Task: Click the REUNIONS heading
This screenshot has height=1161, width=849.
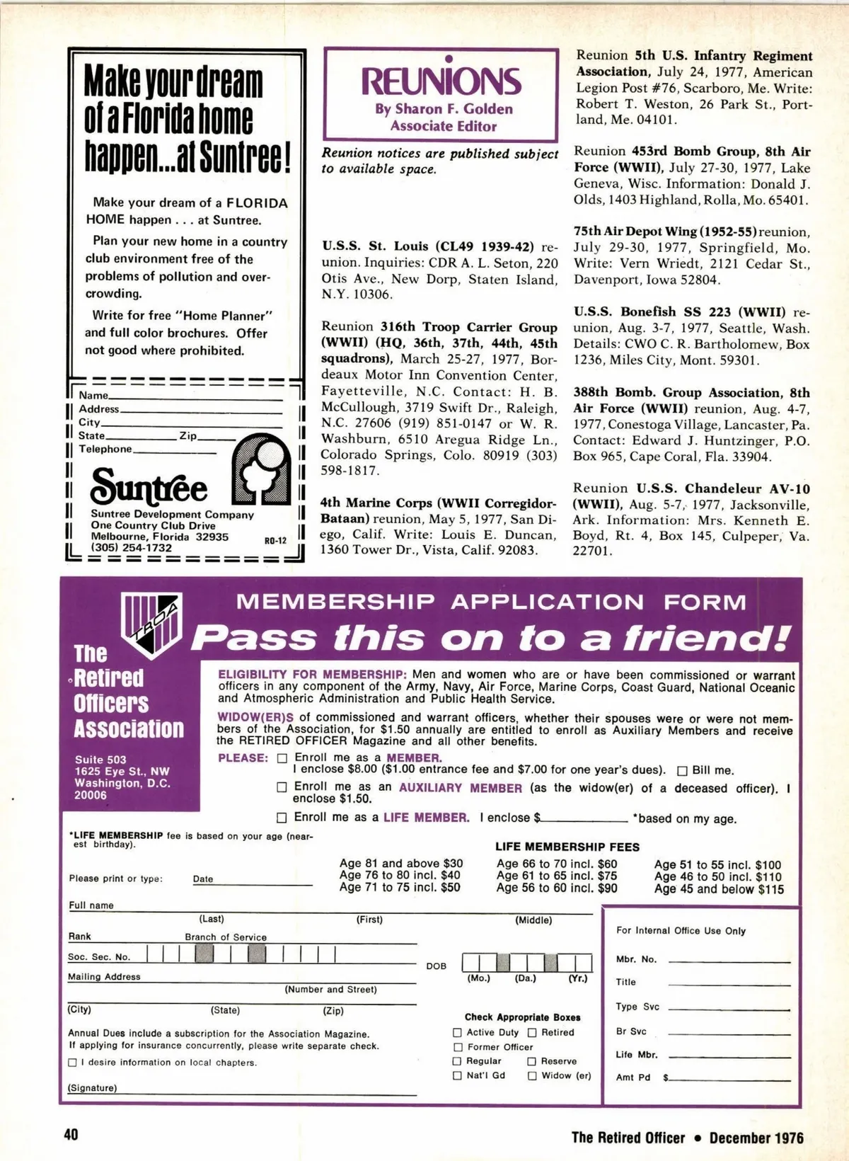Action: (441, 81)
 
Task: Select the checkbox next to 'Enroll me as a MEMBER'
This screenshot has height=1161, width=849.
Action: (282, 757)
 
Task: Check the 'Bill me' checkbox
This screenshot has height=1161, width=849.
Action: (683, 770)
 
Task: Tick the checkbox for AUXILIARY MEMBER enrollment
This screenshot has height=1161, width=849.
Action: (282, 787)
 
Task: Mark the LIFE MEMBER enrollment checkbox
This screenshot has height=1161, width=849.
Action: (282, 818)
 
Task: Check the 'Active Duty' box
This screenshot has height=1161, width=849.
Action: (457, 1033)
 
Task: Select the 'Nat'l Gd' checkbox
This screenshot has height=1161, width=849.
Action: (457, 1075)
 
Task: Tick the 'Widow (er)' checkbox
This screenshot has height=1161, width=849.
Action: (532, 1075)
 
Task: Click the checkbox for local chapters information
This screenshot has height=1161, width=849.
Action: (72, 1063)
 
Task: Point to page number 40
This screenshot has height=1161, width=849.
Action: (71, 1134)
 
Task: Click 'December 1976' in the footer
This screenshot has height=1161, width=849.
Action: (756, 1138)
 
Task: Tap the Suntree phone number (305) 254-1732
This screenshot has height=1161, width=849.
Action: (131, 547)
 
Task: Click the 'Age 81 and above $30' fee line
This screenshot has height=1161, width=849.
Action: (401, 863)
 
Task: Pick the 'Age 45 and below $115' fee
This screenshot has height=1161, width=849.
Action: (719, 889)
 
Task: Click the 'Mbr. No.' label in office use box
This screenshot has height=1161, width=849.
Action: (636, 959)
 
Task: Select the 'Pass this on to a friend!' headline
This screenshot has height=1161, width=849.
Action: (490, 637)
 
